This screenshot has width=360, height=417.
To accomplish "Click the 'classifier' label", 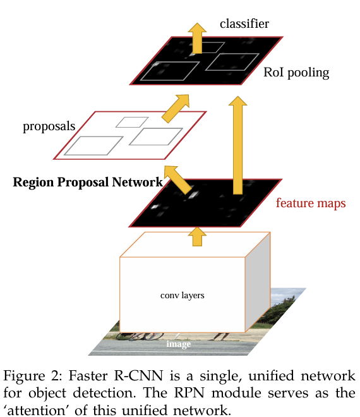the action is (x=244, y=23).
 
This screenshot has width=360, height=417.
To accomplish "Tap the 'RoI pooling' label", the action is (x=296, y=73).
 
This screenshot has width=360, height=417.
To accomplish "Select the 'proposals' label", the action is (x=49, y=126).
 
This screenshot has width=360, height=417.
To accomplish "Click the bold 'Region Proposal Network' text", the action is (x=88, y=183).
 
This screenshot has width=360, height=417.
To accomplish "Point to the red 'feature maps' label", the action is (x=311, y=203).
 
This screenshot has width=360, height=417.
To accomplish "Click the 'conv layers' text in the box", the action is (x=183, y=296).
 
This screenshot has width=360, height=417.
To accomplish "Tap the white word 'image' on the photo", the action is (x=178, y=344).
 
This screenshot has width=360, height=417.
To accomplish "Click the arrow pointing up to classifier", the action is (x=197, y=38).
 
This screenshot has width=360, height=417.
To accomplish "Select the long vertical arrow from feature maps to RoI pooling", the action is (x=237, y=145).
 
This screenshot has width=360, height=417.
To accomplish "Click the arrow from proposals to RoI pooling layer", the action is (x=176, y=107).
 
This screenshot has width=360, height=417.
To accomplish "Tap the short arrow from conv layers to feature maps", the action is (x=197, y=236).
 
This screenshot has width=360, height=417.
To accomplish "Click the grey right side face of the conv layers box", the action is (x=258, y=282).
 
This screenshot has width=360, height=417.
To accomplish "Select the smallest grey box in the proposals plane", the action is (x=132, y=123).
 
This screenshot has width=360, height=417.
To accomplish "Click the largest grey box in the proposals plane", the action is (x=93, y=146).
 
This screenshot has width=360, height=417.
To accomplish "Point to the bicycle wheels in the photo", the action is (x=140, y=336).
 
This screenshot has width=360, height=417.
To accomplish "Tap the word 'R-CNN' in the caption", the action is (x=138, y=376).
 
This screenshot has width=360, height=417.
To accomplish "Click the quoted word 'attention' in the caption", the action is (x=37, y=410).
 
